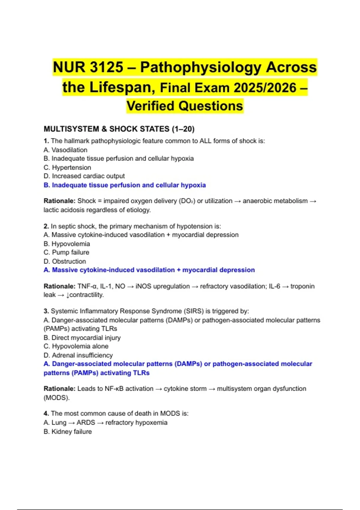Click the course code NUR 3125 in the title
click(x=88, y=67)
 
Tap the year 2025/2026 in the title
click(x=265, y=88)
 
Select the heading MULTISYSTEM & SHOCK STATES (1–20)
click(x=119, y=129)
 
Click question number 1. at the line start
click(x=46, y=141)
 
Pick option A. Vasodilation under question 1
click(x=65, y=150)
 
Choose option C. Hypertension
click(x=67, y=167)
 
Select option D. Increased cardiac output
click(x=84, y=176)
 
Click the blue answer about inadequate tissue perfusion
click(x=124, y=185)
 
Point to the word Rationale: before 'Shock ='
click(x=59, y=201)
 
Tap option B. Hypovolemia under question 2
click(x=67, y=244)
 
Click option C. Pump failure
click(x=66, y=252)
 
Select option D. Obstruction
click(x=65, y=261)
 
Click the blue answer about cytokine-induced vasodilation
click(x=149, y=270)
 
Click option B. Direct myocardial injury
click(x=82, y=338)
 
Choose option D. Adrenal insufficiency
click(x=78, y=355)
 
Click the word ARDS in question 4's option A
click(x=86, y=423)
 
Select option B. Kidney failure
click(x=67, y=432)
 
